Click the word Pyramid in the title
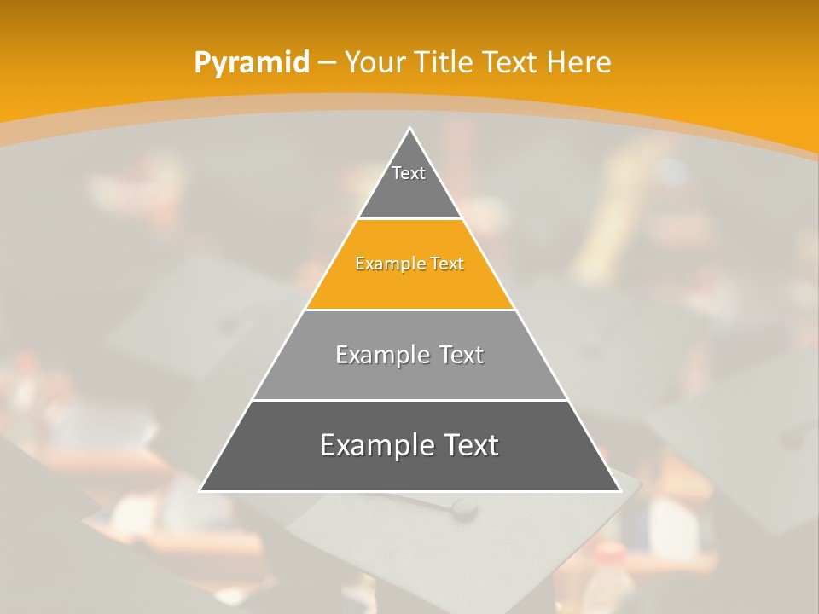[251, 63]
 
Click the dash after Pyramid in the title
[327, 63]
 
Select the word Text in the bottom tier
[468, 445]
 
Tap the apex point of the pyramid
[409, 129]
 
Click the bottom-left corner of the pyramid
[200, 490]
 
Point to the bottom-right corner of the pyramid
[619, 490]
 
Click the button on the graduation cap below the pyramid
[464, 508]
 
